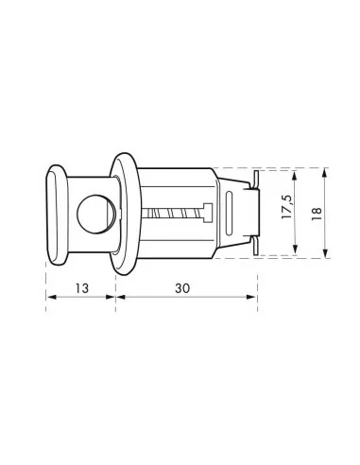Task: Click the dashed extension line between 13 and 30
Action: click(x=116, y=284)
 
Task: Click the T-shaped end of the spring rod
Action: click(x=203, y=213)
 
